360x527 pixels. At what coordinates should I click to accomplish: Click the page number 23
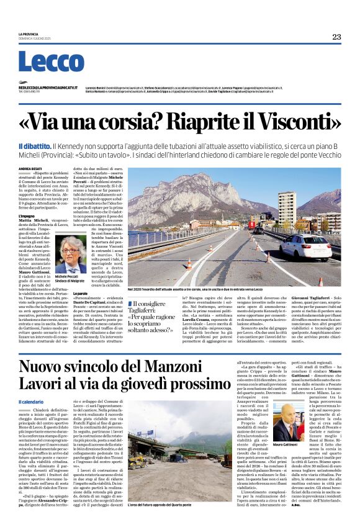336,37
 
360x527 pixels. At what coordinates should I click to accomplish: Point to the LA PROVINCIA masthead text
29,34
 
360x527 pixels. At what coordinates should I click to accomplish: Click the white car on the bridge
289,247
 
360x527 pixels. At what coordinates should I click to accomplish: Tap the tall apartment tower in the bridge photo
287,210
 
